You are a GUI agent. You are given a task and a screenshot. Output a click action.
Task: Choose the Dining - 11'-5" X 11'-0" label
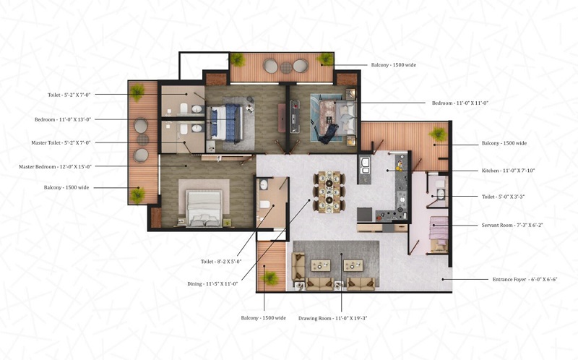pos(211,284)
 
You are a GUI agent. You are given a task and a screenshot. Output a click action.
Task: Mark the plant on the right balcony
pos(437,134)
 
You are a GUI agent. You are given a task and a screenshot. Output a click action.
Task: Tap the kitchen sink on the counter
pos(365,163)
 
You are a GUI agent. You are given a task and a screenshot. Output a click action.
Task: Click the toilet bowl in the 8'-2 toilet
pos(264,205)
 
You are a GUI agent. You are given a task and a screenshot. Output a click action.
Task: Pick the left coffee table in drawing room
pos(319,265)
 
